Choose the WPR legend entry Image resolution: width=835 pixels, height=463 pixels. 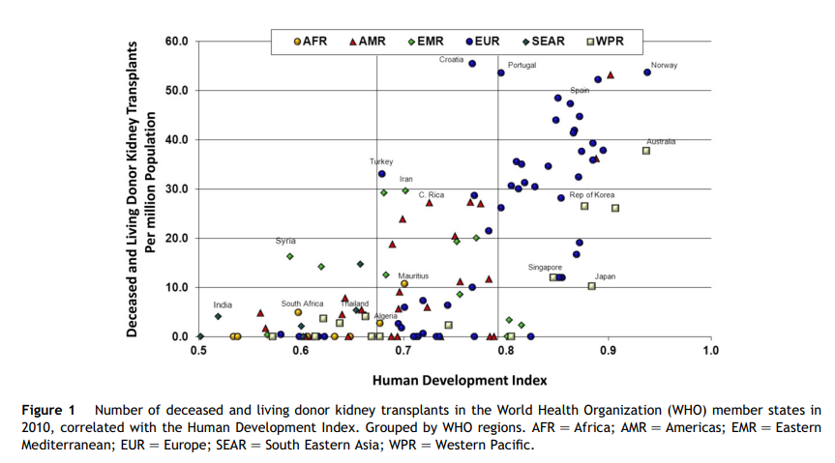[605, 42]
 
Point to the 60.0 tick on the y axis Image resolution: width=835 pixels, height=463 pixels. [176, 43]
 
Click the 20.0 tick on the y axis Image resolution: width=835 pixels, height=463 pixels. [176, 239]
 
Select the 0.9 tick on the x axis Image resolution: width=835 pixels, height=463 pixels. [609, 350]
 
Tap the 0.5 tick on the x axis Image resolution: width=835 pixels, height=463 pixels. [198, 350]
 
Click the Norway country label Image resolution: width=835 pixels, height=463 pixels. [665, 66]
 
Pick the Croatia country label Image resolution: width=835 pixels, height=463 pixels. [451, 59]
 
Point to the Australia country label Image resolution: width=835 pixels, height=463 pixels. [661, 141]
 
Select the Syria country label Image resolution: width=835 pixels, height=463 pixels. [285, 241]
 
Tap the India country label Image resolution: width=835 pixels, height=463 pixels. [223, 305]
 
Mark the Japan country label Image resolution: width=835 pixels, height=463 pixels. [605, 276]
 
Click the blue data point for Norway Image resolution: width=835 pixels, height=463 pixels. [647, 72]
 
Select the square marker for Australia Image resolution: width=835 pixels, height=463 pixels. [645, 151]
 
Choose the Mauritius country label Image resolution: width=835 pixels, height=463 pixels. [413, 275]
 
